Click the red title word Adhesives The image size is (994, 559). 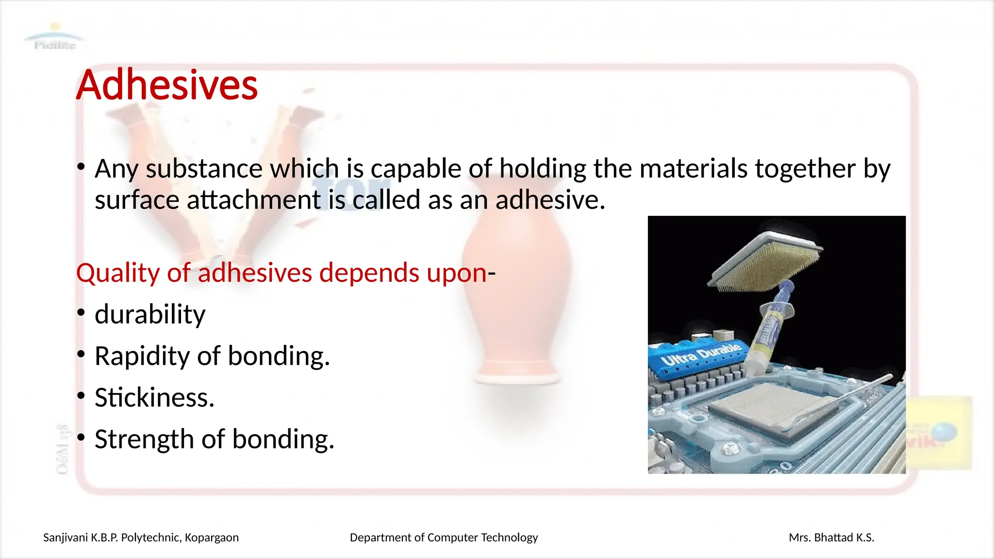click(x=166, y=85)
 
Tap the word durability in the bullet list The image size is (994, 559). click(x=150, y=314)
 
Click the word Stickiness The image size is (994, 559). click(x=154, y=397)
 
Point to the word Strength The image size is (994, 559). click(x=144, y=439)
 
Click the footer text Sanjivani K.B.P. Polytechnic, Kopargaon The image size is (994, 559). click(x=141, y=538)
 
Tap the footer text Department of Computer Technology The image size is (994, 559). click(x=444, y=538)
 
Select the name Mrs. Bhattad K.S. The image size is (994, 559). click(x=831, y=538)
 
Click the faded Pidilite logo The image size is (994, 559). click(x=55, y=38)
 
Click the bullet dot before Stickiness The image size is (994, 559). click(x=81, y=396)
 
